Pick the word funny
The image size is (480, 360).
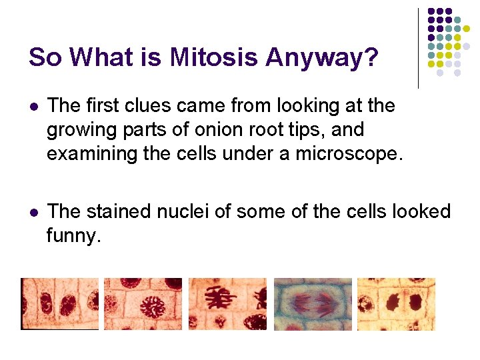tap(73, 235)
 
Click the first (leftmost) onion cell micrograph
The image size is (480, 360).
tap(59, 304)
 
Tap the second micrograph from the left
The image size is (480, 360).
tap(143, 304)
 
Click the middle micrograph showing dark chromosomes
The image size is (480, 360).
tap(227, 304)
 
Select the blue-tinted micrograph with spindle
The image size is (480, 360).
tap(311, 304)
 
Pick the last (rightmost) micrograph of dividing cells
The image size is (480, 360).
tap(396, 304)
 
